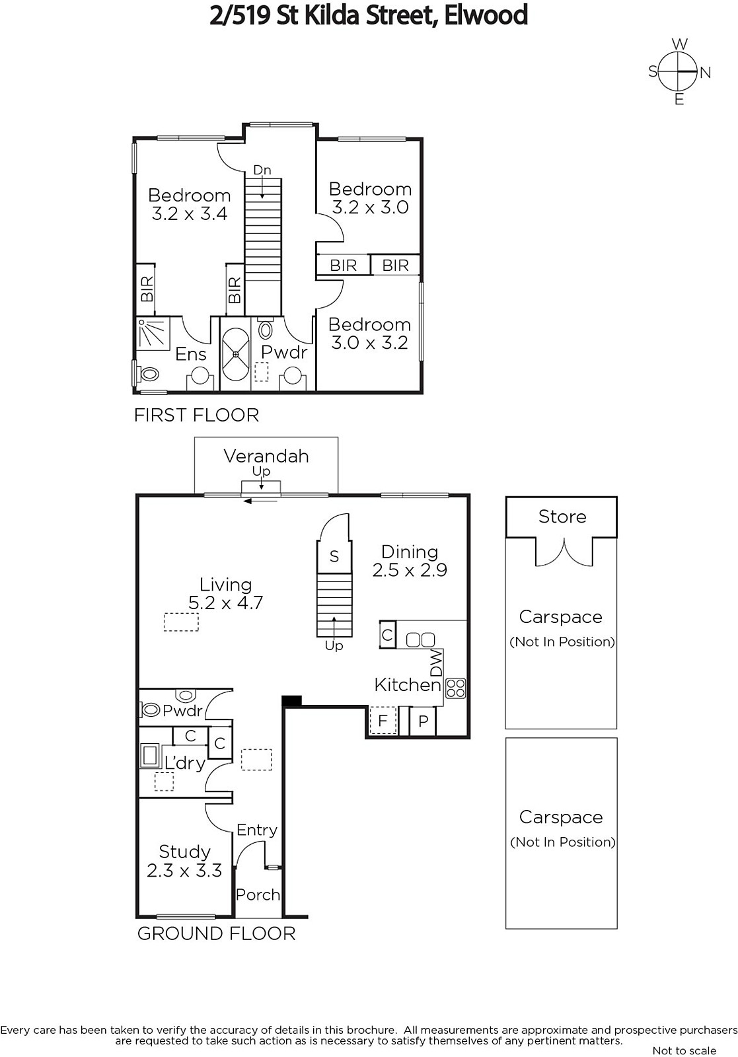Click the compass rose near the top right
pyautogui.click(x=678, y=72)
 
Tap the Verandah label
pyautogui.click(x=266, y=456)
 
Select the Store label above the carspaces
pyautogui.click(x=562, y=517)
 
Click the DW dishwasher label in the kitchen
pyautogui.click(x=437, y=663)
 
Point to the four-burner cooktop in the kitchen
pyautogui.click(x=455, y=688)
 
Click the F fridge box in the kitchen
pyautogui.click(x=383, y=721)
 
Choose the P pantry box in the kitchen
pyautogui.click(x=423, y=721)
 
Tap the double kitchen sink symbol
pyautogui.click(x=420, y=640)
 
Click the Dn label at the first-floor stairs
pyautogui.click(x=262, y=170)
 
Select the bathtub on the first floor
pyautogui.click(x=235, y=354)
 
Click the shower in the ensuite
pyautogui.click(x=153, y=334)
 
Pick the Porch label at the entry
pyautogui.click(x=258, y=894)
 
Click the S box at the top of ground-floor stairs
pyautogui.click(x=334, y=556)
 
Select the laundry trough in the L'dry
pyautogui.click(x=151, y=756)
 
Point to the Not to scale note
pyautogui.click(x=684, y=1050)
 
